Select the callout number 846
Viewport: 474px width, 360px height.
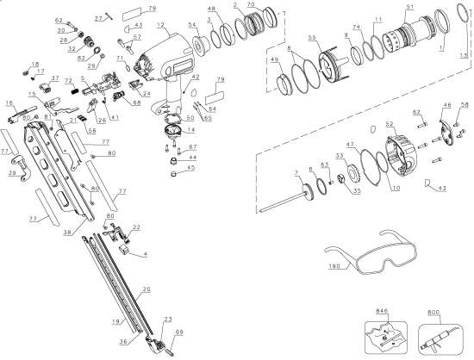pos(383,309)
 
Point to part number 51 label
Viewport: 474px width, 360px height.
pos(409,8)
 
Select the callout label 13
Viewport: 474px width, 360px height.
pos(463,54)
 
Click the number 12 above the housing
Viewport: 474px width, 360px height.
pos(160,26)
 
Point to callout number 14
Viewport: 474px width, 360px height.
pos(190,130)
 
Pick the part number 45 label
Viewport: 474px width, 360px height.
pos(190,168)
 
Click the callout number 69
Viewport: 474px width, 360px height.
pos(179,331)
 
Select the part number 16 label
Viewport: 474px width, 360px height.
pos(9,102)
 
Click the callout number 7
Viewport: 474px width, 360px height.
pos(296,173)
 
